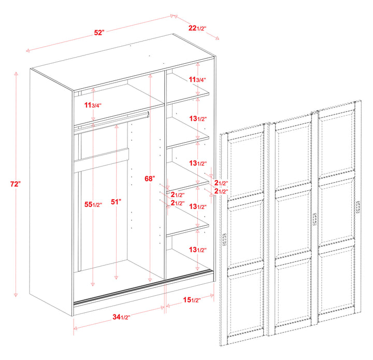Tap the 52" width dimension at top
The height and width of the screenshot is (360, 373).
coord(99,32)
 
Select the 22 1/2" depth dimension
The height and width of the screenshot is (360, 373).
coord(198,27)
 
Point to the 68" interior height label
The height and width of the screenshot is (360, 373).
coord(150,178)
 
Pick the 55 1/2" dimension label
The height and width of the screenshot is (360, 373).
coord(93,204)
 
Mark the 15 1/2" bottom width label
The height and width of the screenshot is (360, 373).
coord(198,300)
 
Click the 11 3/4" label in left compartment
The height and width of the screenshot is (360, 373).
coord(93,105)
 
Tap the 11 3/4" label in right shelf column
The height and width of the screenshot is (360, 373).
coord(197,80)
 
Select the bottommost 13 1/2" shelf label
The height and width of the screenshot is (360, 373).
coord(198,250)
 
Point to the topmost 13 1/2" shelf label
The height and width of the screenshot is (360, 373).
coord(198,119)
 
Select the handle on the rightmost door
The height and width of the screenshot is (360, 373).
coord(358,206)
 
